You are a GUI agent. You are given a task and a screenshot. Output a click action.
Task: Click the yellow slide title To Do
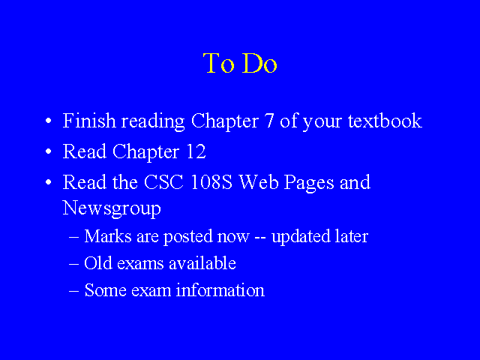coord(240,63)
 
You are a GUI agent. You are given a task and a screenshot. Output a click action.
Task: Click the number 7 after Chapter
coord(269,121)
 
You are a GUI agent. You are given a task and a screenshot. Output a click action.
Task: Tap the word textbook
coord(385,121)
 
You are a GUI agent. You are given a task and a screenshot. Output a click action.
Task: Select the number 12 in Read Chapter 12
coord(196,151)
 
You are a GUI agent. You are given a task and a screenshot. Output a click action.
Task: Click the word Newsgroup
coord(112,208)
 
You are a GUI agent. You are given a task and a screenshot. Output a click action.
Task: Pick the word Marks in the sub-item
coord(108,236)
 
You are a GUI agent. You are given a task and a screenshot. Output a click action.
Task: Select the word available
coord(202,263)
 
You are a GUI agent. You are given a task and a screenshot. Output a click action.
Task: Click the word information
coord(220,290)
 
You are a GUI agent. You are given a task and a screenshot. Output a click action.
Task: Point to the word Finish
coord(89,121)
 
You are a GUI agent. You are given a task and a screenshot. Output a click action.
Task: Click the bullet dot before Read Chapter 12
coord(48,151)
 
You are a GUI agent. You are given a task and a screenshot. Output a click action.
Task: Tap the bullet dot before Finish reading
coord(48,121)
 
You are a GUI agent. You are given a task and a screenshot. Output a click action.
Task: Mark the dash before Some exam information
coord(73,291)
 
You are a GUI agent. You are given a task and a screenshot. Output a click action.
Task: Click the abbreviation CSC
coord(163,182)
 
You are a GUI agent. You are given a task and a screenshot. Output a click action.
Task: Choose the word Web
coord(259,182)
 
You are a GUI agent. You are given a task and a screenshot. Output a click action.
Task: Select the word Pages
coord(309,183)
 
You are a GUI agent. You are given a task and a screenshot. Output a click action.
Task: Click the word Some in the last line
coord(105,290)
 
